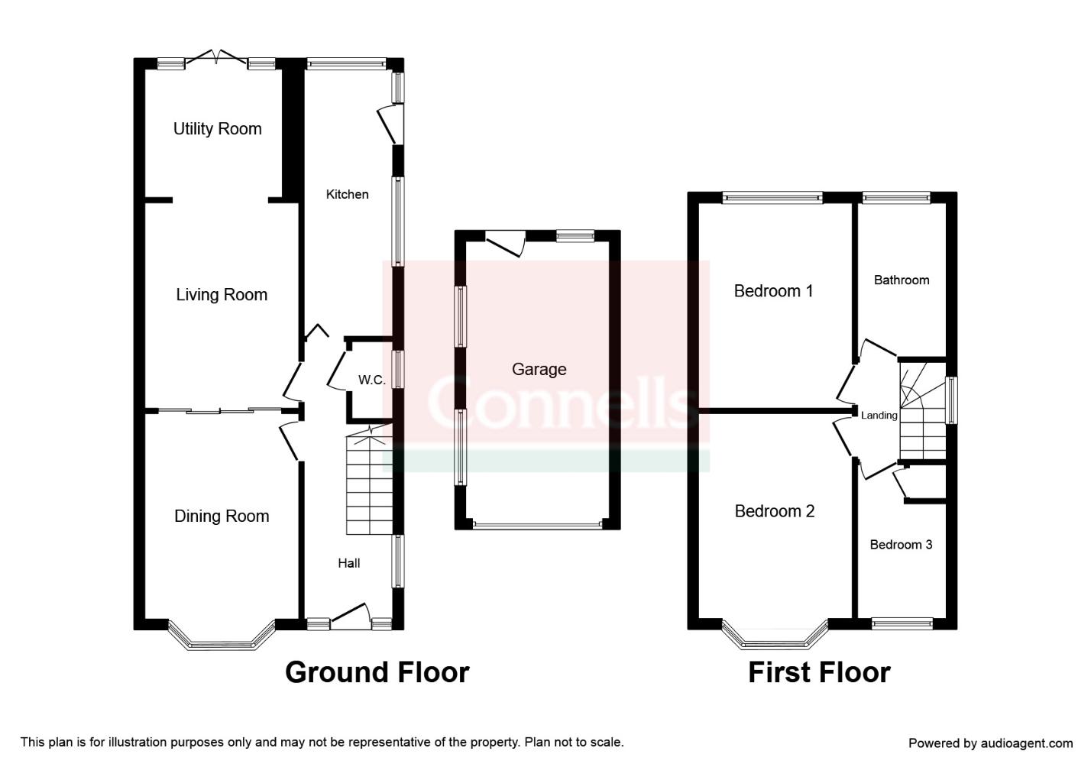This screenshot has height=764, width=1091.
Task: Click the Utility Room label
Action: click(217, 129)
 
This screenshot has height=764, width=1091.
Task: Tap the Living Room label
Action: click(222, 295)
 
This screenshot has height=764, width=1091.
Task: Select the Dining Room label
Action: click(222, 516)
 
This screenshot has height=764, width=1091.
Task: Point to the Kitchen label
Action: click(347, 194)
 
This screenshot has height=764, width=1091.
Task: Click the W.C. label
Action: click(371, 380)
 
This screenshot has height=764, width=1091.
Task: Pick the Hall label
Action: click(348, 563)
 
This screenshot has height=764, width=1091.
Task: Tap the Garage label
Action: click(539, 370)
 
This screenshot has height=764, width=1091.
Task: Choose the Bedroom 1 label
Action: click(773, 291)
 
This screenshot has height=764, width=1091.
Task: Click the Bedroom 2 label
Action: click(775, 511)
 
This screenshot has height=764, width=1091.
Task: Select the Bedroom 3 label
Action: click(901, 545)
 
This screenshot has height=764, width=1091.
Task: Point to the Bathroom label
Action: click(902, 280)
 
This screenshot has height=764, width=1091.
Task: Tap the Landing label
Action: click(879, 416)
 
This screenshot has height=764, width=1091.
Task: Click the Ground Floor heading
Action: click(377, 672)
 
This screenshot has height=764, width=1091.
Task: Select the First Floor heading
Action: click(819, 672)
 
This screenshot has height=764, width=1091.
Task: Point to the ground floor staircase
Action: click(370, 480)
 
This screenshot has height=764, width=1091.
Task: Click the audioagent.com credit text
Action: click(990, 743)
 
